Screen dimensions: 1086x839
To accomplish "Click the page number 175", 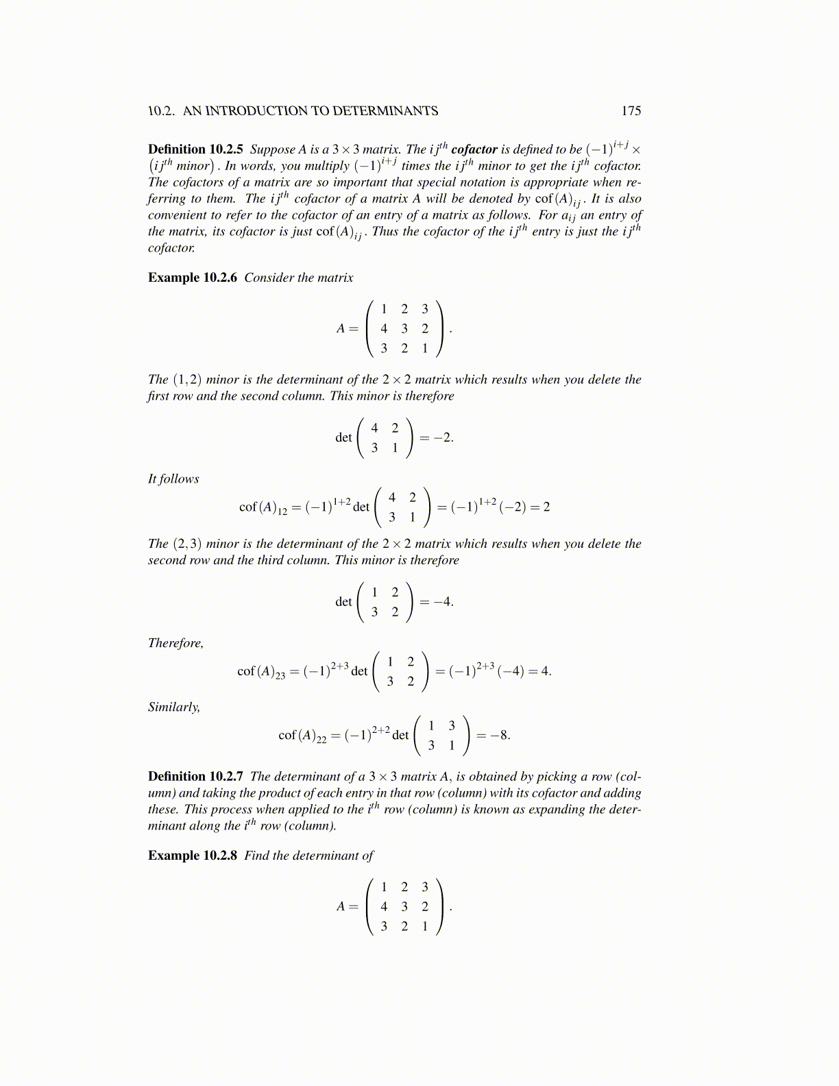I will point(631,111).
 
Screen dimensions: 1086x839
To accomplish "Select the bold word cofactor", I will point(474,149).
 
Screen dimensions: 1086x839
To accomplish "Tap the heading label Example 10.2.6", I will point(193,278).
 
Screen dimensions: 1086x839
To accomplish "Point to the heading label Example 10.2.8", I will point(193,856).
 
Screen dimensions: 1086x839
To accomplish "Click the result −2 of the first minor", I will point(443,437).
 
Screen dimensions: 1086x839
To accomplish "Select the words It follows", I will point(173,479).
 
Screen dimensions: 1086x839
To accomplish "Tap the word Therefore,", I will point(175,643).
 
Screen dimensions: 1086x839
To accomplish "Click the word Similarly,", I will point(174,707).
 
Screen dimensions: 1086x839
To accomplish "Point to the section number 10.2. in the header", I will point(162,111).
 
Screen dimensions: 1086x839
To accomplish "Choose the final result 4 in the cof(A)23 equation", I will point(546,671).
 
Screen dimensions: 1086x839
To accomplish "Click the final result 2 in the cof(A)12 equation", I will point(546,507).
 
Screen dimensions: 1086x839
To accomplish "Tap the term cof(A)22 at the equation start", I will point(302,736).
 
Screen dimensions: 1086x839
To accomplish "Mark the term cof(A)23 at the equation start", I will point(261,672).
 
